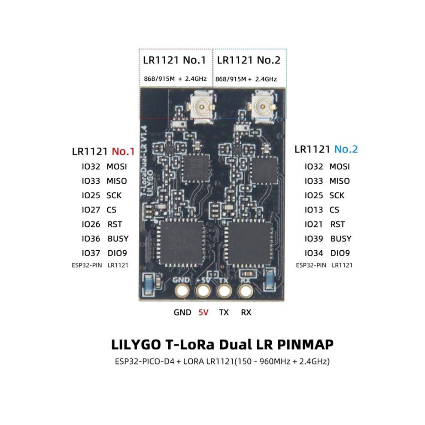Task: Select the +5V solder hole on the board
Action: [x=203, y=291]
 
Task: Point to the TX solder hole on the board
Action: [x=224, y=291]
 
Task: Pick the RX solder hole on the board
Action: [x=245, y=291]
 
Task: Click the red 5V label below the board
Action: [x=203, y=313]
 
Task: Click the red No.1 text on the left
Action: [x=123, y=151]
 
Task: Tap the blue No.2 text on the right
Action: [x=346, y=149]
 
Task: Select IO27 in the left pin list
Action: [x=91, y=210]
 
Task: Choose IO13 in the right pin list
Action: [x=314, y=210]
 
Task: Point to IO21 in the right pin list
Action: [x=314, y=224]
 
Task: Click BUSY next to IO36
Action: [x=118, y=239]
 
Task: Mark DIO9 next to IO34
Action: [x=340, y=253]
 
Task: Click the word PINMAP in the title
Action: [x=305, y=345]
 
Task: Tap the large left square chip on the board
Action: [x=181, y=243]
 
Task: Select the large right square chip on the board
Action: [x=249, y=243]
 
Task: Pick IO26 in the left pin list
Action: [x=91, y=224]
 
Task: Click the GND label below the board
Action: [x=182, y=313]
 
